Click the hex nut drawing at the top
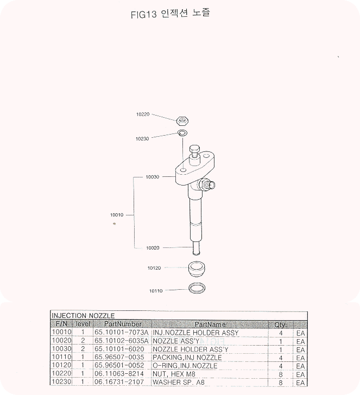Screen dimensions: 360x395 click(x=183, y=121)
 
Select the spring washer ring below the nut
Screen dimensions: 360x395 click(x=182, y=132)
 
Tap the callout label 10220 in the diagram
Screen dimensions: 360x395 click(x=143, y=114)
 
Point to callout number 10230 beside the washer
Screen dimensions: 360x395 click(x=142, y=139)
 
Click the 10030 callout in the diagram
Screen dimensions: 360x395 click(x=153, y=177)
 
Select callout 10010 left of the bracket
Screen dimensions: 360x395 click(x=117, y=215)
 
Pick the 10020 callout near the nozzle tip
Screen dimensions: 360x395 click(x=153, y=248)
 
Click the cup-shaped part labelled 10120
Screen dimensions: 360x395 click(x=197, y=269)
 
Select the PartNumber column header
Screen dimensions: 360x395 click(x=123, y=324)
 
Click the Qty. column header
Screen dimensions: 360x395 click(x=281, y=324)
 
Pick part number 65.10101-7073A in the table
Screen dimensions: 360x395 click(x=122, y=332)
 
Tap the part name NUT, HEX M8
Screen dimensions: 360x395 click(x=174, y=374)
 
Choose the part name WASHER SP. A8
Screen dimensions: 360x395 click(x=179, y=382)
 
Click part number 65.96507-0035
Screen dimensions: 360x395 click(x=119, y=357)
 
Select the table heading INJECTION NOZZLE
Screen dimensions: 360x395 click(x=83, y=316)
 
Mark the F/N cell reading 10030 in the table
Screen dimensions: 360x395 click(x=62, y=349)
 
